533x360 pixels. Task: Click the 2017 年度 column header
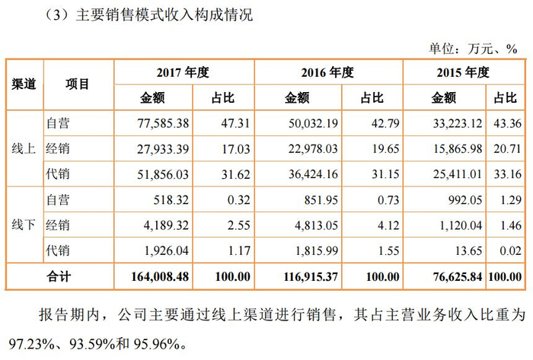183,72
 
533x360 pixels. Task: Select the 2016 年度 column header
327,72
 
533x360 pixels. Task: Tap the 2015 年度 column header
463,72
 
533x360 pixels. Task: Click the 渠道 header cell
24,84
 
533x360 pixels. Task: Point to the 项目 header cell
78,84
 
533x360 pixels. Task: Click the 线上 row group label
24,148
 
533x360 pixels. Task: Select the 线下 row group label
24,225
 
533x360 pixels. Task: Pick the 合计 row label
59,276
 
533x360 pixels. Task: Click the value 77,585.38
163,123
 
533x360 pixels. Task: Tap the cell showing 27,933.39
163,148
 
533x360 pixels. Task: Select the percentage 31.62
235,174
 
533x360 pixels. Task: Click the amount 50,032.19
313,123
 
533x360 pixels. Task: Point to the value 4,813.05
316,225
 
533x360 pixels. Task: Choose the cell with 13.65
469,250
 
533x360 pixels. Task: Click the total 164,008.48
160,276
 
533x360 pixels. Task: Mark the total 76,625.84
458,276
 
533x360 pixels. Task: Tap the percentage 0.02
511,250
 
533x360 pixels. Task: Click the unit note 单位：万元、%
473,49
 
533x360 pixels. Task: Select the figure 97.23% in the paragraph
31,344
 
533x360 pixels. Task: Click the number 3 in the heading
56,16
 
